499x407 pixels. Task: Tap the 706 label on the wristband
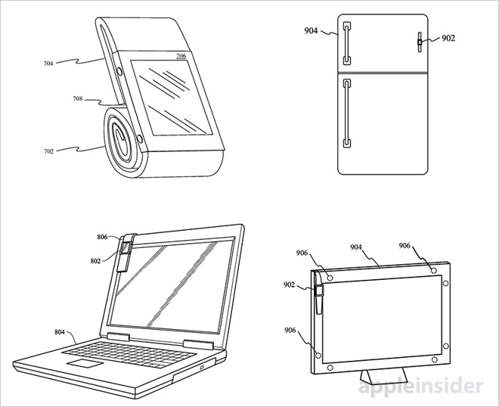[x=180, y=56]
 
